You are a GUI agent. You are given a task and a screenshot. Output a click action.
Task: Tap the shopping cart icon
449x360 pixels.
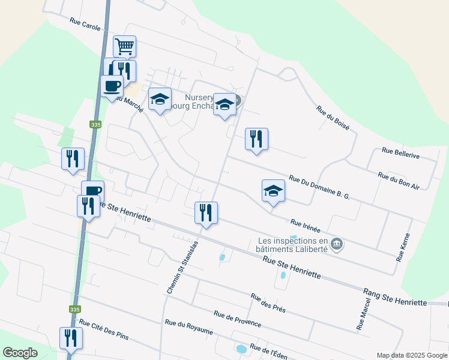[x=124, y=46]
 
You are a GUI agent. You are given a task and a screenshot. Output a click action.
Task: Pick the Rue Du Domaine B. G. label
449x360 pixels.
[x=319, y=187]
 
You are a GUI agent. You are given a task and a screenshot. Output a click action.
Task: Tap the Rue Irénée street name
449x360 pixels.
[x=305, y=226]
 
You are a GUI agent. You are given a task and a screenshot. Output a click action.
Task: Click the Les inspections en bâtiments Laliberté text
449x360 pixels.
[x=292, y=245]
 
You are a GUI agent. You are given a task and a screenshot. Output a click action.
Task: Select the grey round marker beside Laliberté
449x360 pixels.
[x=337, y=244]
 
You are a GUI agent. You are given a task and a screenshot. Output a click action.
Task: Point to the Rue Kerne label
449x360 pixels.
[x=402, y=247]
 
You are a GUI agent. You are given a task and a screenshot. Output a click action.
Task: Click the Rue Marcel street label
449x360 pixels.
[x=364, y=313]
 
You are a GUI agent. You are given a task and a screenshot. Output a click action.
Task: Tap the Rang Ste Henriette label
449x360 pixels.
[x=394, y=298]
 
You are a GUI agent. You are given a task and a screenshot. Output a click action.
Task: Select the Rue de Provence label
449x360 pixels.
[x=237, y=319]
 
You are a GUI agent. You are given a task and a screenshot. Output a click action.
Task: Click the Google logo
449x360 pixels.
[x=20, y=353]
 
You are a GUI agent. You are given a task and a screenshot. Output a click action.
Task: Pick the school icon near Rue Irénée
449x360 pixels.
[x=273, y=191]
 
